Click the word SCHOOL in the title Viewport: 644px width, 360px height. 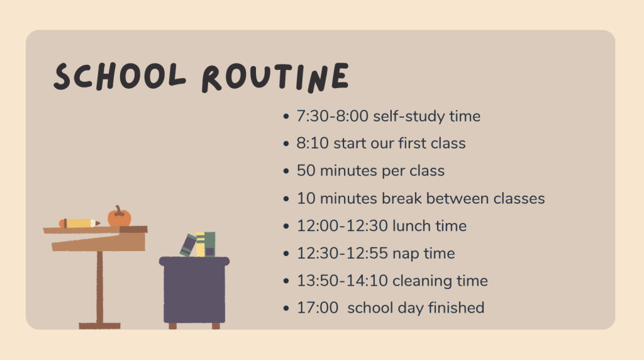point(119,76)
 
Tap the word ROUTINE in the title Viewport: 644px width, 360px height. point(275,77)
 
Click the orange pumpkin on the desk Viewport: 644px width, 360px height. point(119,217)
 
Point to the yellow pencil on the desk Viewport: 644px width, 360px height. point(79,223)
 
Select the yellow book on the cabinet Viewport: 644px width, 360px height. point(200,245)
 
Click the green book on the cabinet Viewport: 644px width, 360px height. point(210,245)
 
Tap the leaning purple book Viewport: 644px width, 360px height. point(188,245)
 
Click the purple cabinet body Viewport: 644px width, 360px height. point(194,290)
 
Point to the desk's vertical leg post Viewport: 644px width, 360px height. point(100,287)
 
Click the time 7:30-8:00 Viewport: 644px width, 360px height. point(332,116)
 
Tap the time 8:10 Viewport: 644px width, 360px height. point(313,143)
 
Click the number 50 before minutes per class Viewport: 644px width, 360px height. point(306,171)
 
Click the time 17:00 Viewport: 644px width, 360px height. point(318,308)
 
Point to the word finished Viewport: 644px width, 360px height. point(457,308)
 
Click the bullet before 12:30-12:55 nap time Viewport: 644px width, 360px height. point(286,254)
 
